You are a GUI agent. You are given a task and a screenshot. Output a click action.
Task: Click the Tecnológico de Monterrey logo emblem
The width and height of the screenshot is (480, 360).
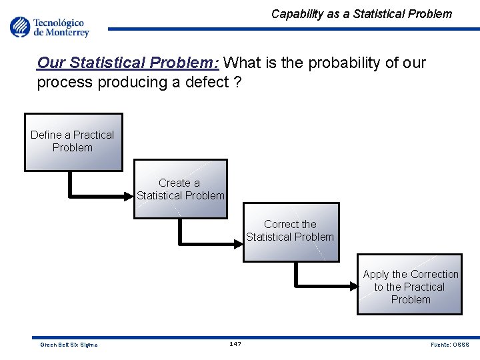pos(20,27)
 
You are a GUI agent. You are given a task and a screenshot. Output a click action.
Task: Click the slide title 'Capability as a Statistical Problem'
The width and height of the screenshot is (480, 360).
pos(361,13)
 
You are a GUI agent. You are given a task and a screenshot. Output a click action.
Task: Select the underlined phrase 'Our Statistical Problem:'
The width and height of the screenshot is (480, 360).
pos(129,63)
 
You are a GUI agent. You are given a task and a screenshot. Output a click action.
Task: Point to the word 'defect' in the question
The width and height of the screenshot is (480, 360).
pos(201,82)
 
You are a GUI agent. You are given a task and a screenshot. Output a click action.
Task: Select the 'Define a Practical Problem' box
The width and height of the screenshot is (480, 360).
pos(73,142)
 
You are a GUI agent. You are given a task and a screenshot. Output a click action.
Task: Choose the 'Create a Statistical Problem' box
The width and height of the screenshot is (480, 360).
pos(180,189)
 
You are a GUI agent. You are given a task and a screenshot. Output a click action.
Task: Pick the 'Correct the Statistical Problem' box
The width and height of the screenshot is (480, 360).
pos(290,231)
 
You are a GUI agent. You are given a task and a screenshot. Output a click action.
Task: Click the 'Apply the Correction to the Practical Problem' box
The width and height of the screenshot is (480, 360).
pos(410,284)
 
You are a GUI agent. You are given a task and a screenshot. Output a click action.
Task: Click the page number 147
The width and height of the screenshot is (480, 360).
pos(235,344)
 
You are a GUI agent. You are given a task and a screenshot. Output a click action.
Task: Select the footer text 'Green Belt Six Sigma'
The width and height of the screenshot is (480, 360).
pos(69,345)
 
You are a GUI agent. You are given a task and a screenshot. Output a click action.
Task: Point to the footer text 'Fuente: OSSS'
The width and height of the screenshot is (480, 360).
pos(450,345)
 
